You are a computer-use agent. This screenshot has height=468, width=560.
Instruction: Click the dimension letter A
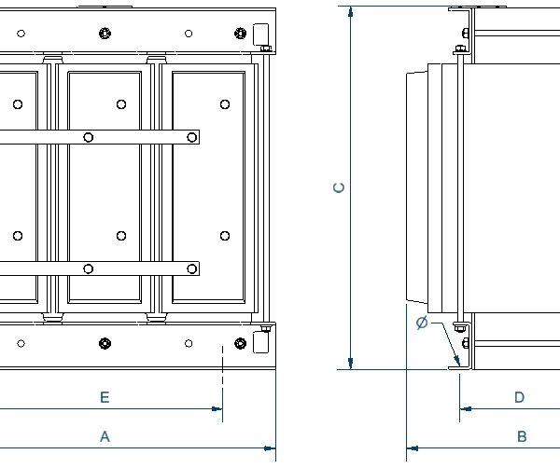[105, 435]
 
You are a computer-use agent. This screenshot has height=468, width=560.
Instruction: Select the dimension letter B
[522, 436]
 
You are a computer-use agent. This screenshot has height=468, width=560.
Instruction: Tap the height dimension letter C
[340, 187]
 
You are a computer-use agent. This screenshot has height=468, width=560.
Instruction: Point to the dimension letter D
[519, 397]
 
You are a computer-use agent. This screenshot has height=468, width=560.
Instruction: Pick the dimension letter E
[105, 397]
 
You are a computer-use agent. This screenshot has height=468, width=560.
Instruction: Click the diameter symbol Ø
[422, 323]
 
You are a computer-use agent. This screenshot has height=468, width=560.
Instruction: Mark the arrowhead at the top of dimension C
[350, 13]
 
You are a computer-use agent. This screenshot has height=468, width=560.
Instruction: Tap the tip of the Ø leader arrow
[459, 365]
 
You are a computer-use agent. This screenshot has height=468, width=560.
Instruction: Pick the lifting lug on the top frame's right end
[260, 34]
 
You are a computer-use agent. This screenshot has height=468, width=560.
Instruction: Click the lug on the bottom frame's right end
[260, 342]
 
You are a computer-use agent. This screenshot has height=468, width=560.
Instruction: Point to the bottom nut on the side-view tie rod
[462, 326]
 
